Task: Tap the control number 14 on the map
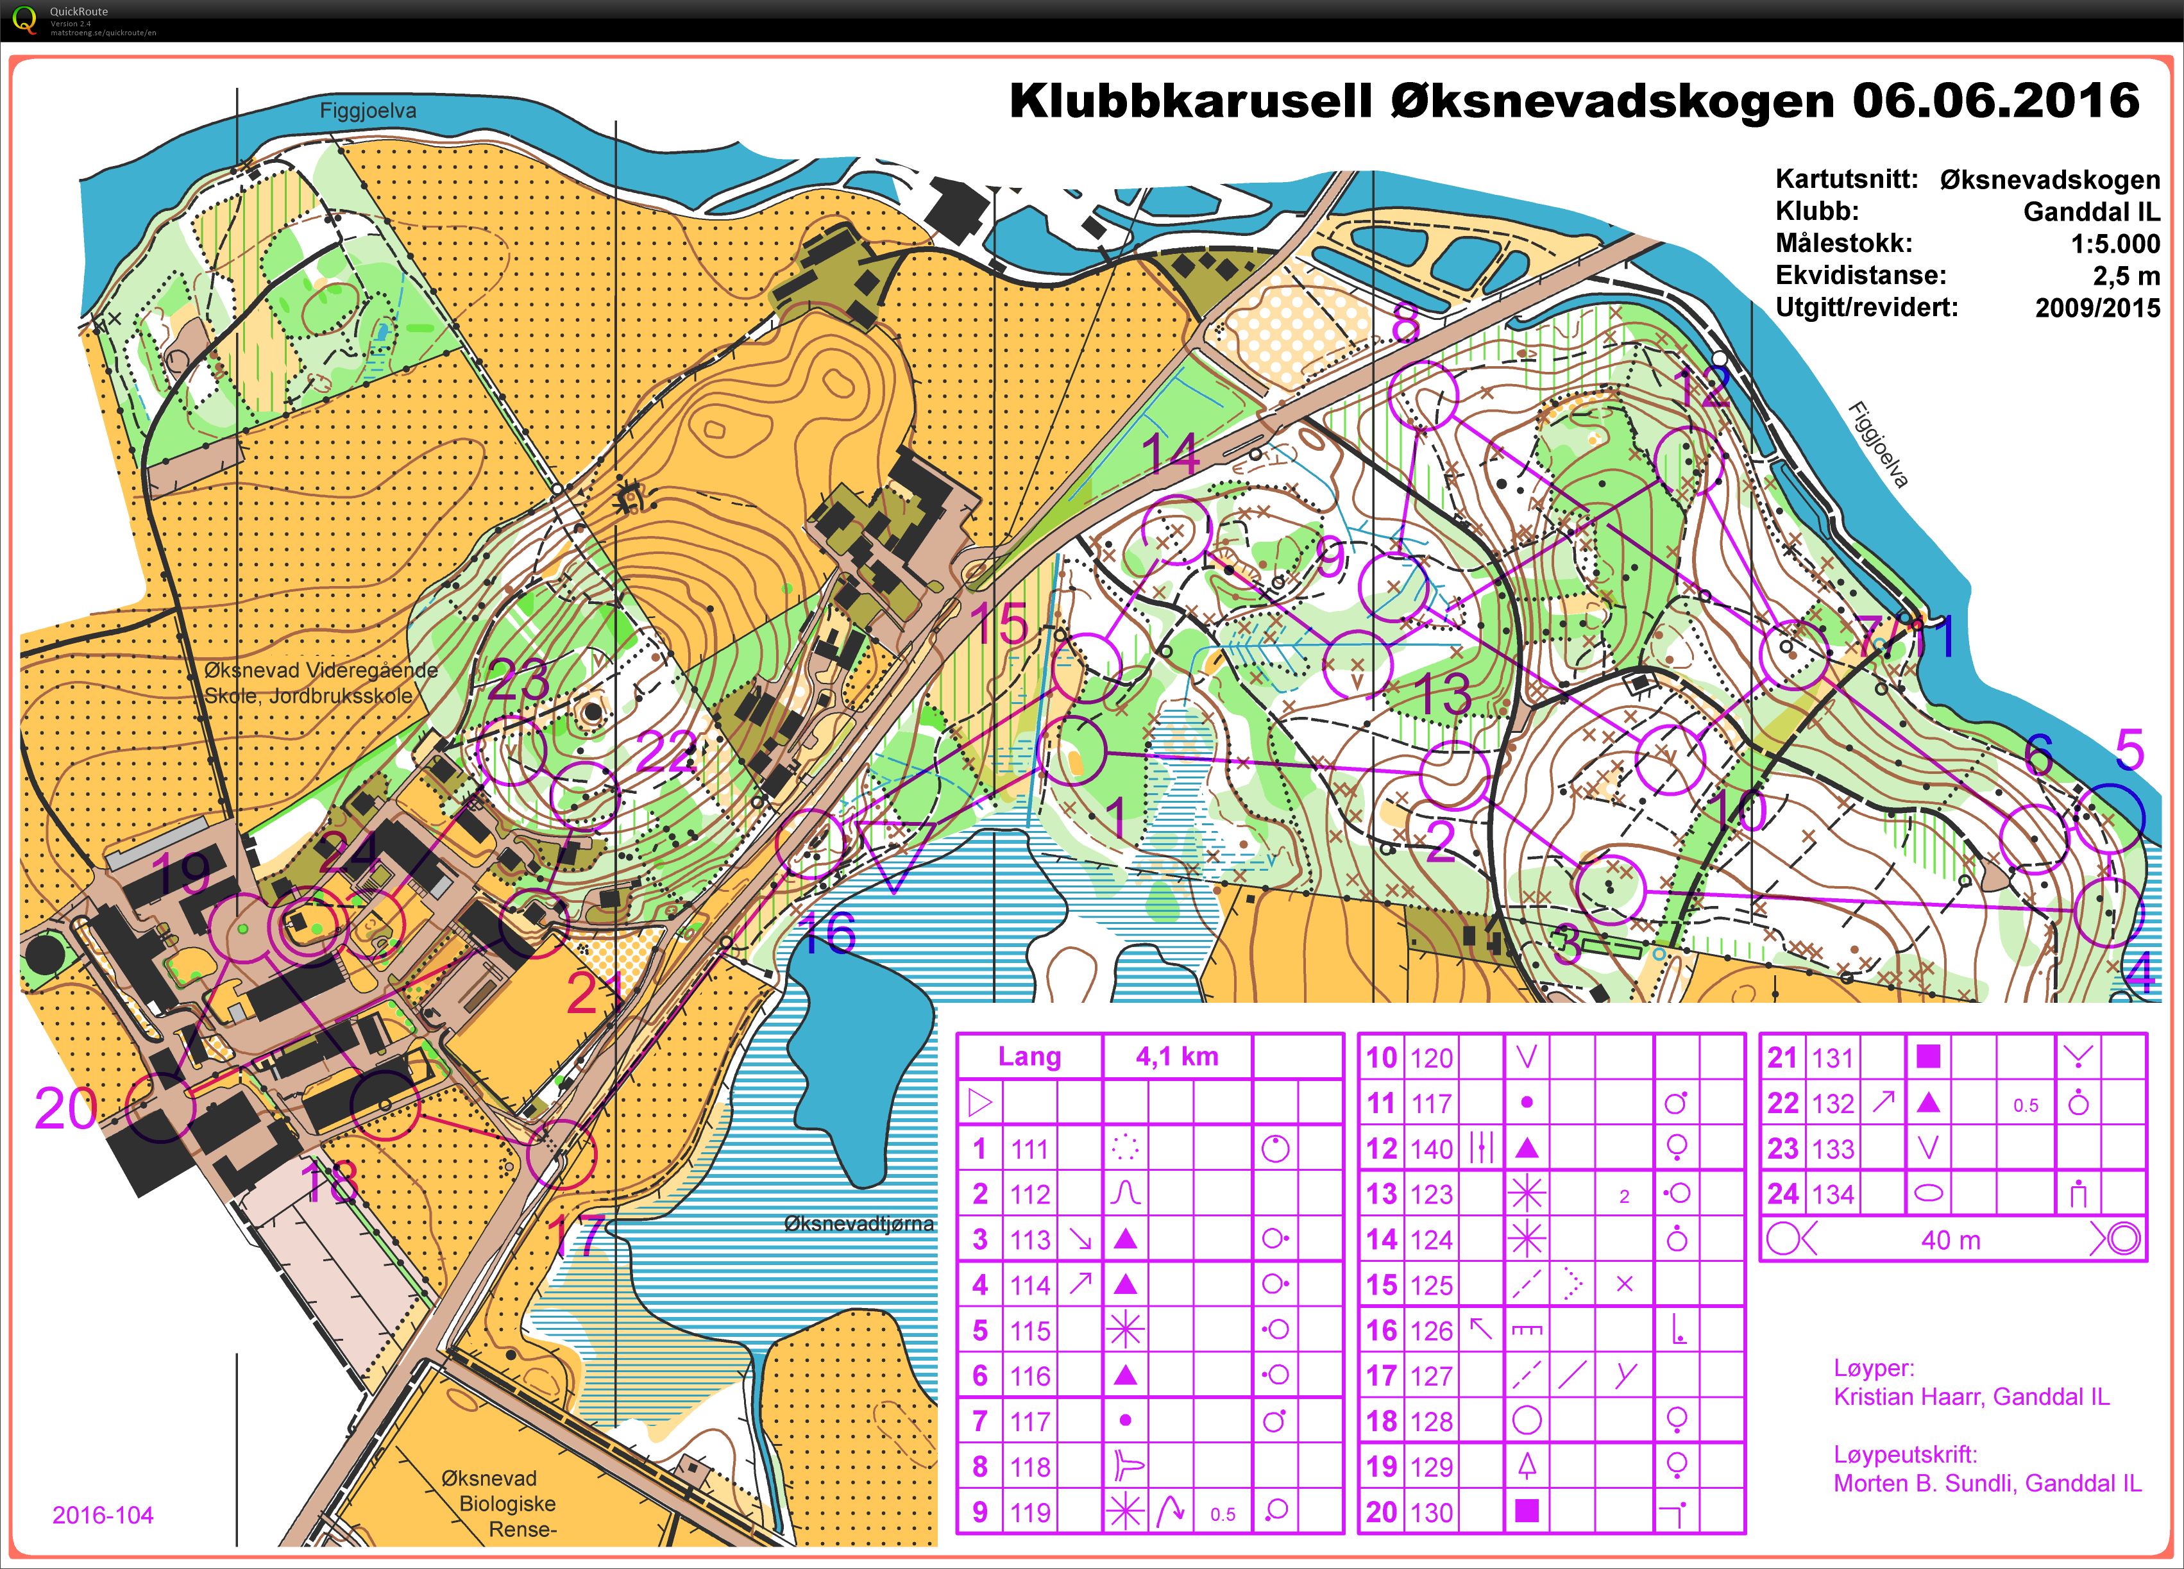coord(1172,455)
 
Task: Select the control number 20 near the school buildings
coord(65,1109)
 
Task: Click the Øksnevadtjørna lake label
coord(858,1223)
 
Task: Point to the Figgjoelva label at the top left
coord(368,111)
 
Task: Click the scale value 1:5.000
coord(2115,244)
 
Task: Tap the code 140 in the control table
coord(1431,1148)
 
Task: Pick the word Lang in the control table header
coord(1028,1057)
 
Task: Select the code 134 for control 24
coord(1832,1195)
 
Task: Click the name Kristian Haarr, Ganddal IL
coord(1970,1397)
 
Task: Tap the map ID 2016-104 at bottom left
coord(102,1515)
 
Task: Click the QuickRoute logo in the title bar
coord(26,19)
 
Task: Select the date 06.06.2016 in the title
coord(1995,101)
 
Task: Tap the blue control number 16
coord(827,934)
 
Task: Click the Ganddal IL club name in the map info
coord(2090,212)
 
